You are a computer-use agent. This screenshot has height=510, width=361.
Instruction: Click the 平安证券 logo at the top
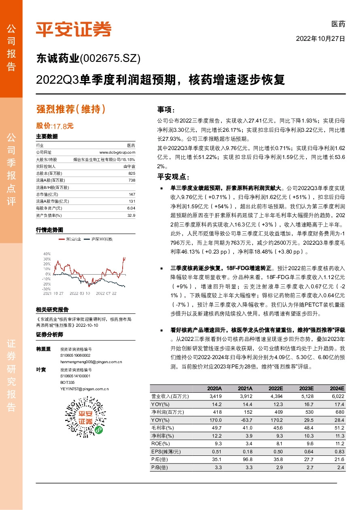click(73, 29)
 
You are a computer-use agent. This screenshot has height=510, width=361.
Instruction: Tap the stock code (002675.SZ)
click(110, 59)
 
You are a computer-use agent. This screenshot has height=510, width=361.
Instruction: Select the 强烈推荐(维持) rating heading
click(71, 109)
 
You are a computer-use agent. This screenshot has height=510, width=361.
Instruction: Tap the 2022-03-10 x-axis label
click(79, 293)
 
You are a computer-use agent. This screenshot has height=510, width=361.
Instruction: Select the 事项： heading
click(166, 110)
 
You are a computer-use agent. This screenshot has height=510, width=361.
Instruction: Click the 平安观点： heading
click(173, 177)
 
